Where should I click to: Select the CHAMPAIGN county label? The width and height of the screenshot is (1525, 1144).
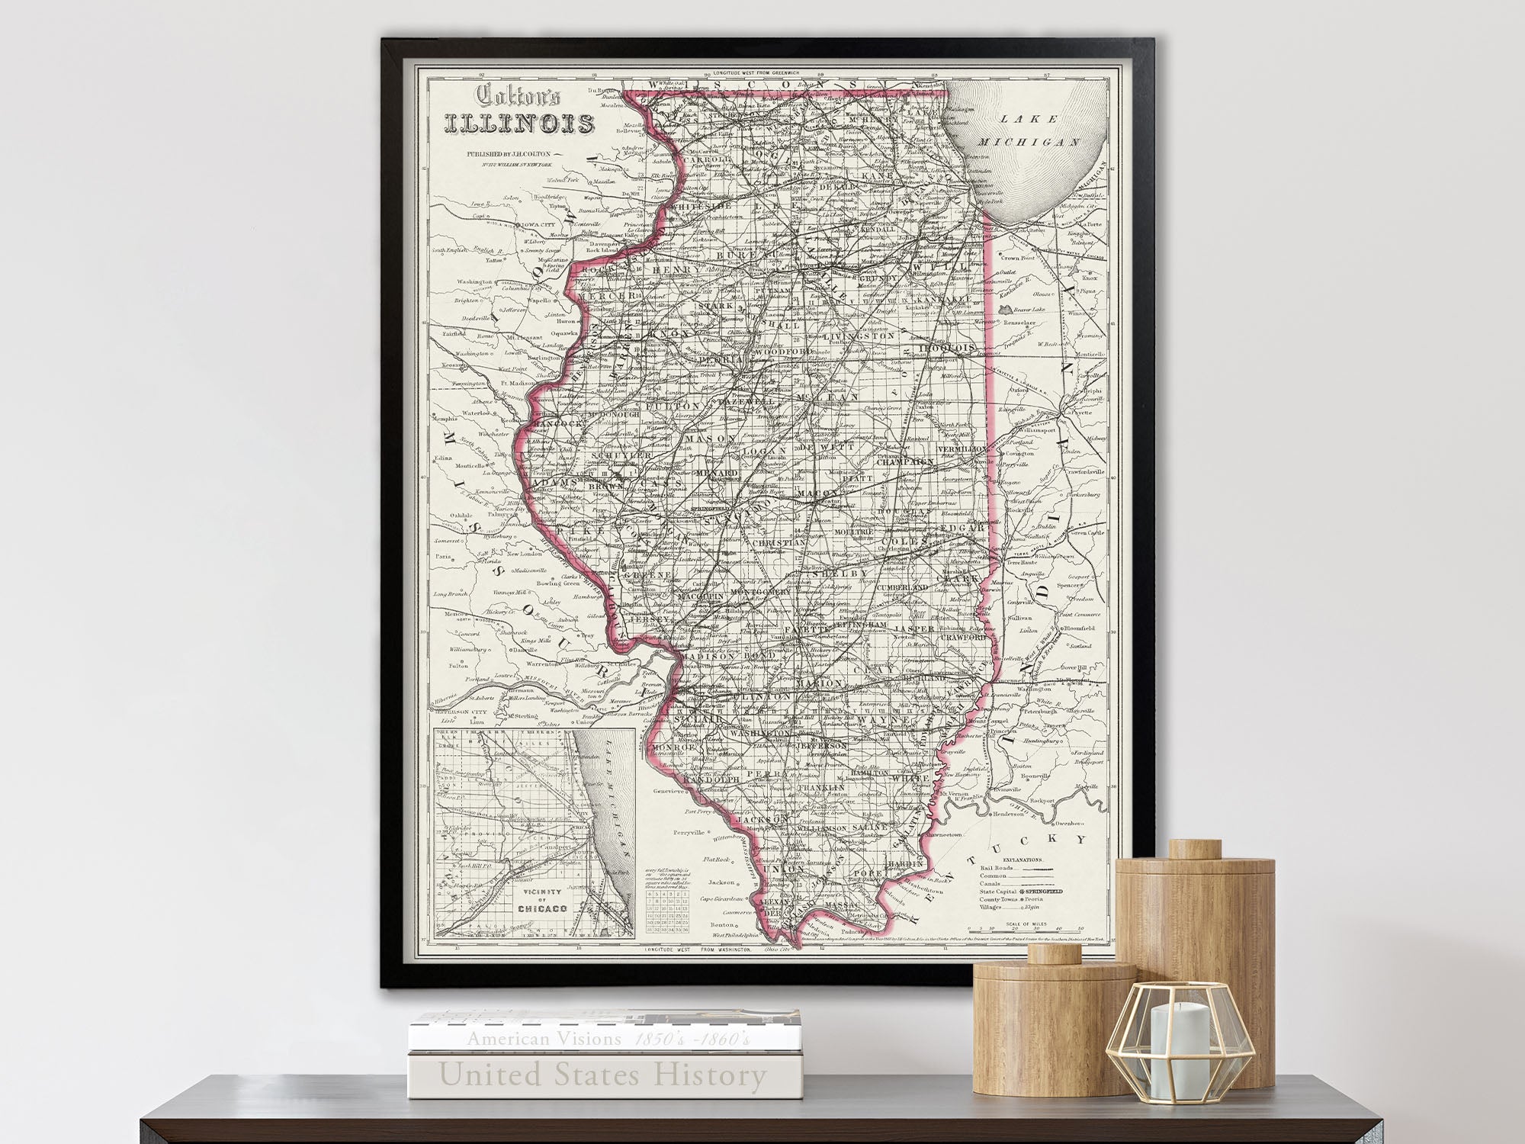(905, 461)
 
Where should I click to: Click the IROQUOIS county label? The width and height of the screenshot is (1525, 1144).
(949, 349)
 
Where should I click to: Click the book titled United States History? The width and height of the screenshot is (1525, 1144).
(602, 1076)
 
